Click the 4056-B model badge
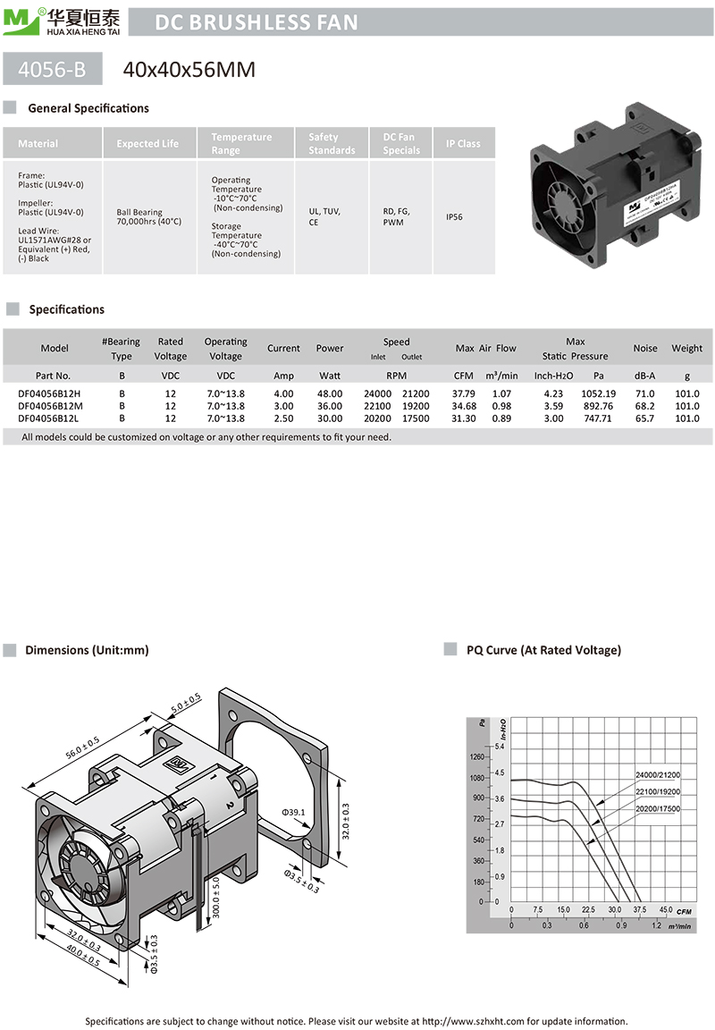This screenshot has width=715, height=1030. pos(52,69)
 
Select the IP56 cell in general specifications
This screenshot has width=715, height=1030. pos(455,216)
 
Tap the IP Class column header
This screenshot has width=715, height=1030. pos(463,144)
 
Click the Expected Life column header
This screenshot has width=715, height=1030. pos(147,144)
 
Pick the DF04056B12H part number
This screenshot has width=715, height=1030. pos(49,393)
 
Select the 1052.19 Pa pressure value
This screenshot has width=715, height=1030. pos(598,393)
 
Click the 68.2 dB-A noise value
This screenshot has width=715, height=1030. pos(644,406)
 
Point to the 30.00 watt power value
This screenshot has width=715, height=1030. pos(330,418)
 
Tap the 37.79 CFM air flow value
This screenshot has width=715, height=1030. pos(464,393)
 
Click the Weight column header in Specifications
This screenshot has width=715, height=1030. pos(686,349)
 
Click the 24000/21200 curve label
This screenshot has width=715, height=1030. pos(657,774)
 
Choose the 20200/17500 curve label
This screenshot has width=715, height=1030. pos(658,808)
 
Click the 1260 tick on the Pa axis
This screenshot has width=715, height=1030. pos(477,756)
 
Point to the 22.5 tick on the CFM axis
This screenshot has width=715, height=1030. pos(588,910)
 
